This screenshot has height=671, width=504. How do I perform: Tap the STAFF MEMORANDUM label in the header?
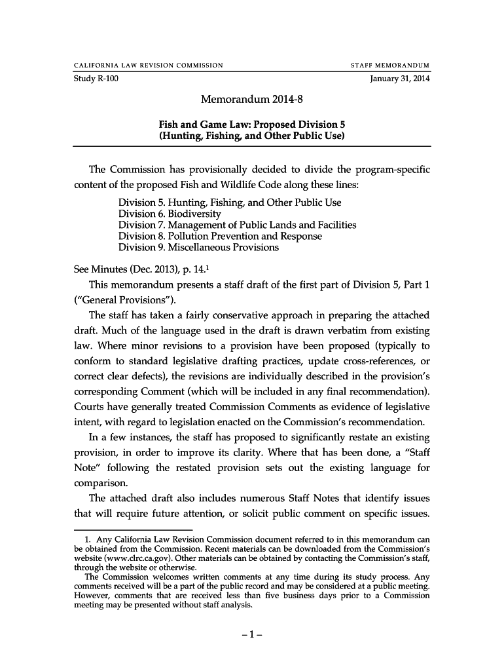[x=391, y=65]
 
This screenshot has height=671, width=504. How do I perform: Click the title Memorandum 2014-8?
[x=251, y=101]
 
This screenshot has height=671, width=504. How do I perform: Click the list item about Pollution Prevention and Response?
[x=220, y=236]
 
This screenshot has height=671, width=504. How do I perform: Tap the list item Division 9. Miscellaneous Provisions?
[x=198, y=247]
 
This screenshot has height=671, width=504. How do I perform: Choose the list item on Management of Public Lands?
[x=237, y=225]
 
